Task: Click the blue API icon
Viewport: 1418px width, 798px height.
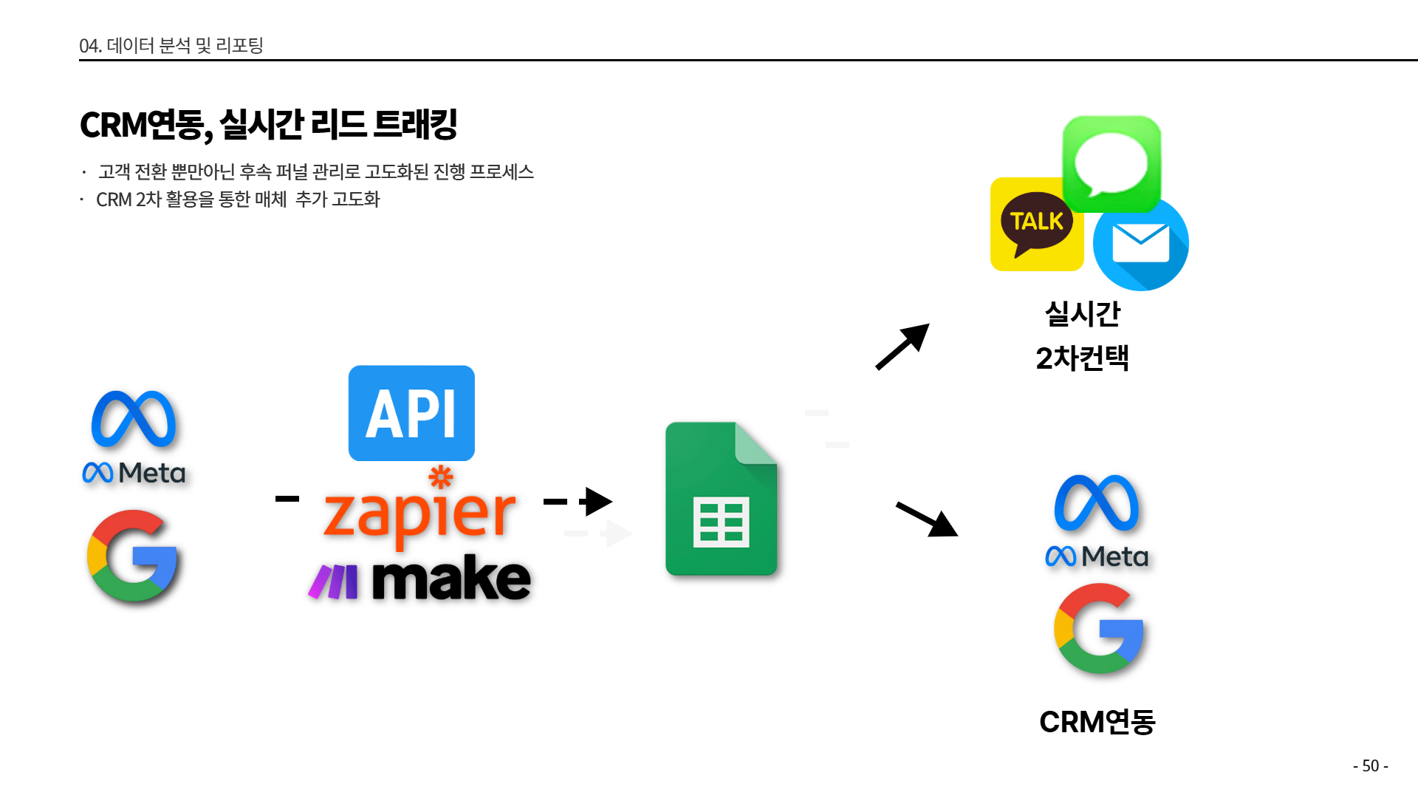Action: point(411,413)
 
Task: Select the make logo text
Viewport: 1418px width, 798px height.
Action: point(451,579)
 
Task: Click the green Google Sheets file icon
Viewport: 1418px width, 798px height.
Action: point(721,499)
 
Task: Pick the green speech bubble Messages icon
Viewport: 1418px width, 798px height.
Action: point(1112,163)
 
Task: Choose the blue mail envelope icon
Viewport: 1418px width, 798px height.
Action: point(1141,244)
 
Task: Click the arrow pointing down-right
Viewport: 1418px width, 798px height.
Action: point(927,519)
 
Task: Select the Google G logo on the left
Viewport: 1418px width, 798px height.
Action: point(133,556)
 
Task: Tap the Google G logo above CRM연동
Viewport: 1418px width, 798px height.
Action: point(1099,628)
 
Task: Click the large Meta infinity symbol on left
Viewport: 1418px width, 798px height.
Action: point(134,419)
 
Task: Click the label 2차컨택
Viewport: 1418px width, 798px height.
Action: point(1082,358)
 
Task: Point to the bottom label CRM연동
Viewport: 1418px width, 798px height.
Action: point(1097,722)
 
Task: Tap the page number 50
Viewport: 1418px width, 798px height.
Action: point(1371,765)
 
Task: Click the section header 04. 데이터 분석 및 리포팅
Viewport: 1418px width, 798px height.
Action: point(171,46)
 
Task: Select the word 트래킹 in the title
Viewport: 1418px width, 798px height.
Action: point(416,124)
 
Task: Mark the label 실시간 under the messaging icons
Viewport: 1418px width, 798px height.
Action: point(1083,314)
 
